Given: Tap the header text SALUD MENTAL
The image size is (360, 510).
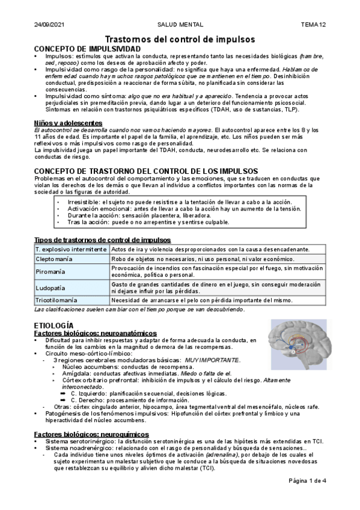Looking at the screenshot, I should point(180,25).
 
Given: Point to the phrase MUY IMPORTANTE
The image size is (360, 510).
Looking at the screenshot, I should point(212,360).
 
